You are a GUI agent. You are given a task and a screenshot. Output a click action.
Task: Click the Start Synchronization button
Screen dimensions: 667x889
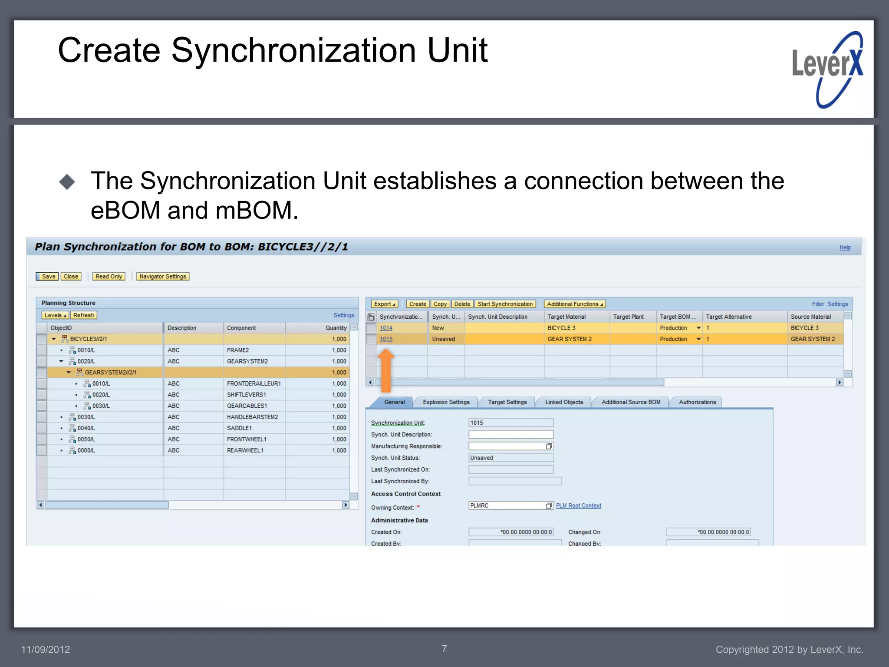point(505,304)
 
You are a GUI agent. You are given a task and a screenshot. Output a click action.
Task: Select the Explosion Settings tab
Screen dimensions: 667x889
point(446,402)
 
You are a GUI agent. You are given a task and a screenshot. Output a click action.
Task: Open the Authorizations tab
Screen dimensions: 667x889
point(697,402)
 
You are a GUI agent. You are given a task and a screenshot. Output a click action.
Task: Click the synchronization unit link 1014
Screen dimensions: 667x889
point(386,328)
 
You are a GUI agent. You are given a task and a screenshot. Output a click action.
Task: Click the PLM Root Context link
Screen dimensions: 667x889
point(578,505)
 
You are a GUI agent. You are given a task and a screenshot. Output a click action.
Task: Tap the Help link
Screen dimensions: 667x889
point(845,248)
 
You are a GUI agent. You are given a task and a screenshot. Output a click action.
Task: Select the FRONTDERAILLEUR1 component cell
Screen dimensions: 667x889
point(254,383)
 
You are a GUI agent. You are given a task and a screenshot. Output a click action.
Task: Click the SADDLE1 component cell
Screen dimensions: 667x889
point(239,428)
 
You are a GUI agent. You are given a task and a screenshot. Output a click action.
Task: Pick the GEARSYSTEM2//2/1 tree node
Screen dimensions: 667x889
point(111,372)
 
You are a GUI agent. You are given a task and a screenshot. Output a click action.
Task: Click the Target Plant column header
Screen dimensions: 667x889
point(628,317)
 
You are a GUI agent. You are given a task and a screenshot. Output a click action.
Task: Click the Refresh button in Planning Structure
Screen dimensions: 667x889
point(83,315)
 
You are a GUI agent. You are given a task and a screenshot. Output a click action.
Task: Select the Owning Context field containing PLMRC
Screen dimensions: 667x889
point(507,505)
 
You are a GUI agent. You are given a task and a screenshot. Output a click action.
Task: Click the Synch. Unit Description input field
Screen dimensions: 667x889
point(510,434)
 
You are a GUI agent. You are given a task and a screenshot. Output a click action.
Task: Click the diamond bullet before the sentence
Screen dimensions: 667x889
point(67,182)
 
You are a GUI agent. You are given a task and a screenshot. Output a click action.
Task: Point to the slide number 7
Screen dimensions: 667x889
point(444,648)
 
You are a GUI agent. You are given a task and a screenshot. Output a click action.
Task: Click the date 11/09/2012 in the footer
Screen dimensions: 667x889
point(46,649)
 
